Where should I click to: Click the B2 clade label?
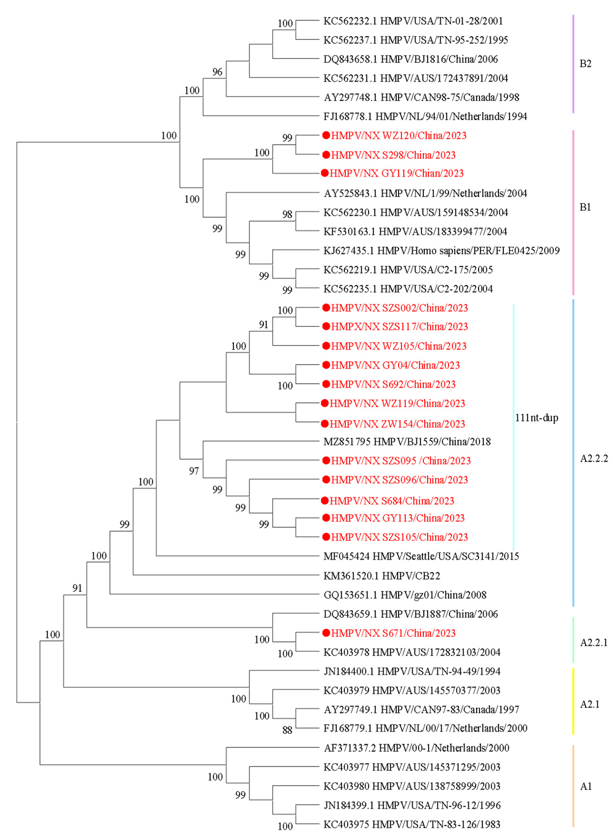(585, 64)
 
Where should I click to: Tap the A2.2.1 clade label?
(594, 642)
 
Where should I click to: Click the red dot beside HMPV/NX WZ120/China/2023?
(326, 135)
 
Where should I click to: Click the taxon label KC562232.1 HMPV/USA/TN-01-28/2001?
(413, 21)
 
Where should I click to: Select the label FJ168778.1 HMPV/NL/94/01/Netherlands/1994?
(425, 116)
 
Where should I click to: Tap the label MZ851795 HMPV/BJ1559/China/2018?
(407, 441)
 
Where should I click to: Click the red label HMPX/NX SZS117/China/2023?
(399, 327)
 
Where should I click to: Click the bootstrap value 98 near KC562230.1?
(287, 214)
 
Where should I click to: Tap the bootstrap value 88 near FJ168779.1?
(287, 730)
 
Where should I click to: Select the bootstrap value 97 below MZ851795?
(194, 471)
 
